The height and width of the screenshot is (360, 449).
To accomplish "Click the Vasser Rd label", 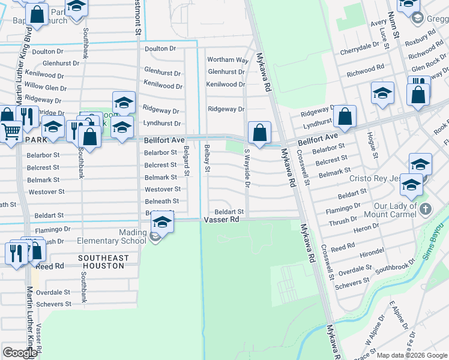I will pyautogui.click(x=223, y=220).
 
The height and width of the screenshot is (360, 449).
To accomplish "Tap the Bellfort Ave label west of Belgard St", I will pyautogui.click(x=164, y=140).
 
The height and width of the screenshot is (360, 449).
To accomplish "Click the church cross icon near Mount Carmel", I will pyautogui.click(x=426, y=209).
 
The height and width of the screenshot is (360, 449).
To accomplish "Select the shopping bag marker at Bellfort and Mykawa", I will pyautogui.click(x=259, y=133).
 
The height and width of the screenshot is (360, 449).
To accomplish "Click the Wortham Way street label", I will pyautogui.click(x=228, y=60).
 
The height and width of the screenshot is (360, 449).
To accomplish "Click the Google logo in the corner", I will pyautogui.click(x=20, y=353).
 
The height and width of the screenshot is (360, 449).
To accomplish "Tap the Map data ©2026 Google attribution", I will pyautogui.click(x=412, y=356).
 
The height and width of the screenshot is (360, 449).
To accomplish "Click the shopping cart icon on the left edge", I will pyautogui.click(x=10, y=131).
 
